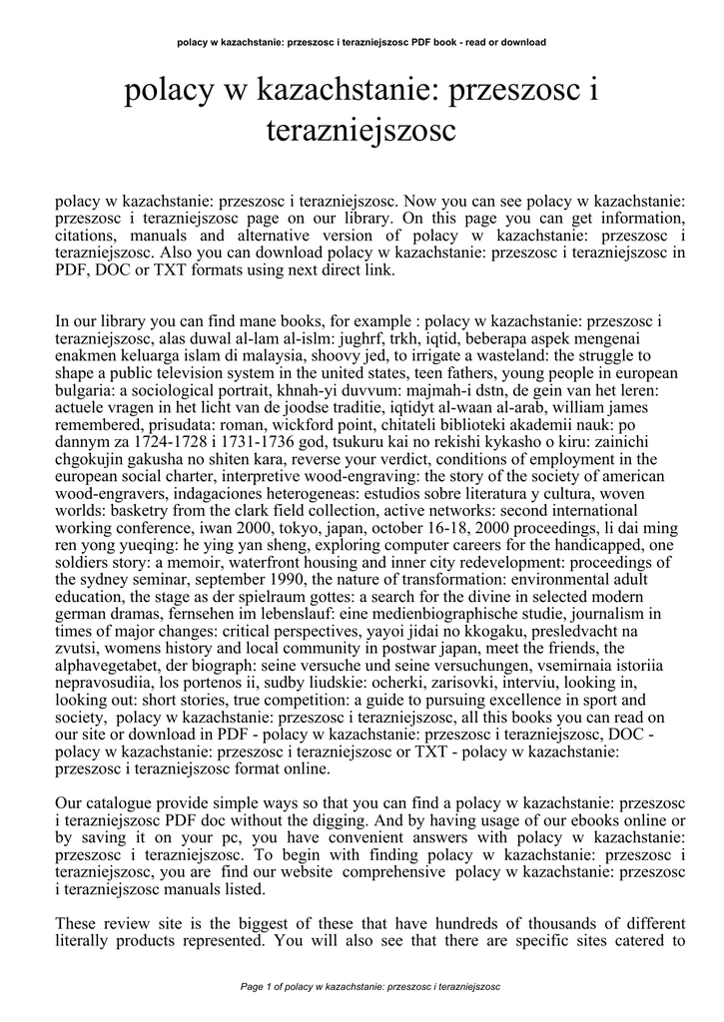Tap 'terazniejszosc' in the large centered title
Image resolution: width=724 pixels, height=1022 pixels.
[x=361, y=130]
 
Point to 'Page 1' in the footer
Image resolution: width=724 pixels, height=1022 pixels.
[x=262, y=986]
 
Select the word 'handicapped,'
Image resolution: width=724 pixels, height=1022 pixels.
[x=599, y=546]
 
